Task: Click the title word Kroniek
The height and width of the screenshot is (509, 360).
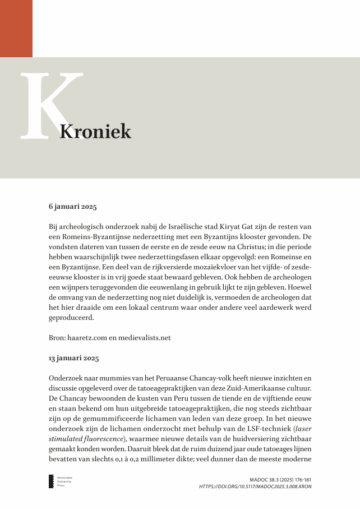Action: point(95,132)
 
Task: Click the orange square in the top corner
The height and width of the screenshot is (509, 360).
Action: point(16,28)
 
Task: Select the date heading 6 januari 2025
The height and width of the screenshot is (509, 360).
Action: point(73,207)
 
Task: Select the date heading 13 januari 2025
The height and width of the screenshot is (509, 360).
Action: point(74,357)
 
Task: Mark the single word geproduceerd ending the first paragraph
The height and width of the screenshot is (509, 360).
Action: point(71,318)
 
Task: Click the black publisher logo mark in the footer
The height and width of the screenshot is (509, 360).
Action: point(50,482)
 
